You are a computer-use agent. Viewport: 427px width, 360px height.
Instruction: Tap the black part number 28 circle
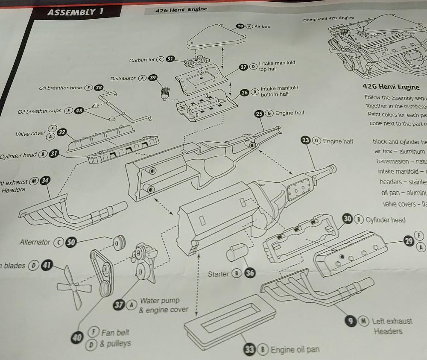[241, 26]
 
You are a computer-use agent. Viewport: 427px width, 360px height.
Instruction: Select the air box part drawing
[216, 37]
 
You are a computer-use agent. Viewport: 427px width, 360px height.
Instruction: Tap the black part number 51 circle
[170, 59]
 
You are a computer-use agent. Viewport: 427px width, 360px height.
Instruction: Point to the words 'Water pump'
[160, 301]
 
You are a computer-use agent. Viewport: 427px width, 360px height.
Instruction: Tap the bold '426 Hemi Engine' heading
[390, 87]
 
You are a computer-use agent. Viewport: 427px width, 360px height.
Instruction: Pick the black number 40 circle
[77, 338]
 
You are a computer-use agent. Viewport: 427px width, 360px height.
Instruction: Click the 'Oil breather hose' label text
[60, 88]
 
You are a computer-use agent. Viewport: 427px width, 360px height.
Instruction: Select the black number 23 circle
[306, 140]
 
